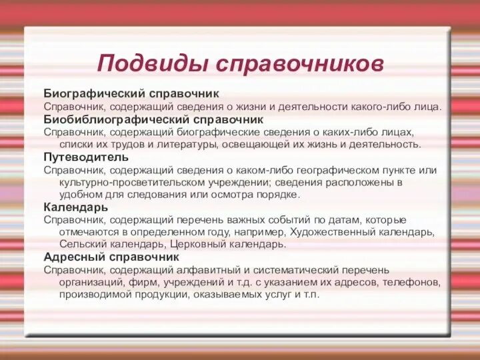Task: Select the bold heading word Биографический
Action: point(94,93)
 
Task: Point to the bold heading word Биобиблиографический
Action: point(116,119)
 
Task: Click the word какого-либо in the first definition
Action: point(376,106)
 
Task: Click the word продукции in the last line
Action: point(143,294)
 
